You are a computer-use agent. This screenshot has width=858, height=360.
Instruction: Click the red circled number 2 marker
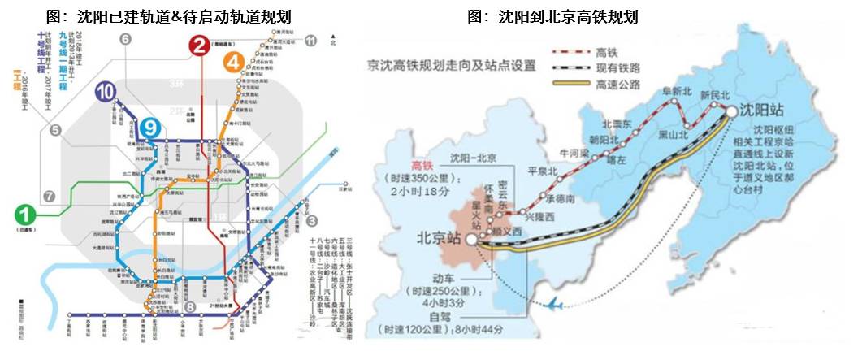[197, 46]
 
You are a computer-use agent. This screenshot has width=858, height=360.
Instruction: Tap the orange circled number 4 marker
[234, 61]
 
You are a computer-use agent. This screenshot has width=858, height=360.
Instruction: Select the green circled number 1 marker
[27, 215]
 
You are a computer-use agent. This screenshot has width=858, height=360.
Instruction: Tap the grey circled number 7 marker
[49, 197]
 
